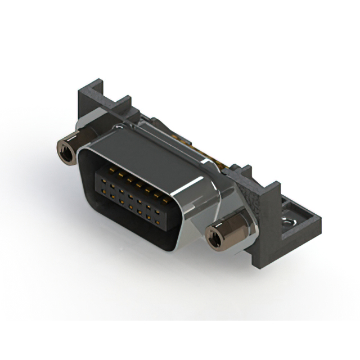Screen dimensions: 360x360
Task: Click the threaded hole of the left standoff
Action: tap(63, 150)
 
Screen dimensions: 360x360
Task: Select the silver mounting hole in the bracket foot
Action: tap(291, 224)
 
